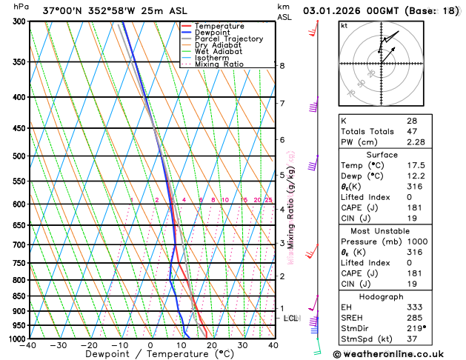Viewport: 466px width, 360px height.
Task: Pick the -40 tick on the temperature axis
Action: [x=29, y=345]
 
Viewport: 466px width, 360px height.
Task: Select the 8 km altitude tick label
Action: [x=282, y=66]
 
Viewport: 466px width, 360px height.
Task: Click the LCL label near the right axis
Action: [x=291, y=319]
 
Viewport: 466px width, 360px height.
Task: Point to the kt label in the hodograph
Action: [x=344, y=25]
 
